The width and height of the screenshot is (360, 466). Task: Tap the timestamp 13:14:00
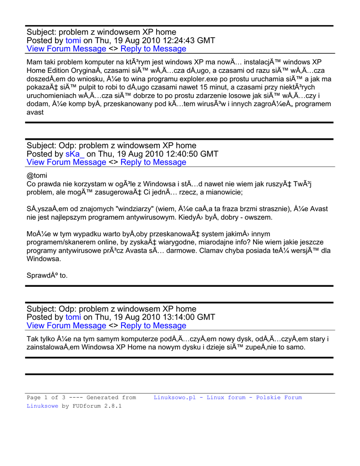164,317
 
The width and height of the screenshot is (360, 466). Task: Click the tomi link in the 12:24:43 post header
73,41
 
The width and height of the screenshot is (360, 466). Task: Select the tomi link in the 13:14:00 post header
73,317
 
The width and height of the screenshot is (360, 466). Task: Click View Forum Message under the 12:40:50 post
66,162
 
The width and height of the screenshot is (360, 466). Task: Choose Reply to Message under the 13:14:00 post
153,325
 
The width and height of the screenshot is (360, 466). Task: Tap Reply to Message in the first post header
153,49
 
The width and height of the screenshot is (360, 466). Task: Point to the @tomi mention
37,175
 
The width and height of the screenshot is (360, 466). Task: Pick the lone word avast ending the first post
35,112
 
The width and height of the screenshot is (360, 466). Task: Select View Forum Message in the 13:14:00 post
66,325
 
